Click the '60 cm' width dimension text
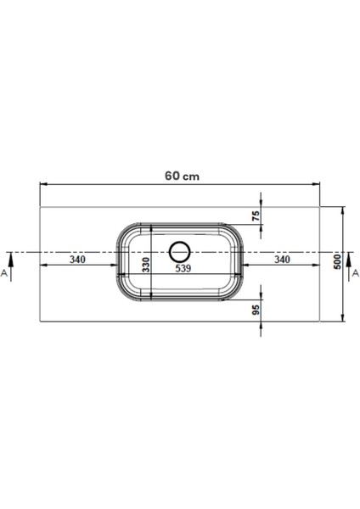click(179, 175)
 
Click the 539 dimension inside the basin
click(181, 269)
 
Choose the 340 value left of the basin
click(78, 260)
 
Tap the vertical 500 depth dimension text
click(336, 262)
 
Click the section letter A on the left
click(6, 275)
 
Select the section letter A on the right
click(355, 273)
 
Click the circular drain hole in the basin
click(180, 252)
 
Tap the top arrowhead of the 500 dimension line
click(342, 208)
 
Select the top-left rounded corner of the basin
click(124, 232)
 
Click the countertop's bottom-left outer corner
click(40, 322)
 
